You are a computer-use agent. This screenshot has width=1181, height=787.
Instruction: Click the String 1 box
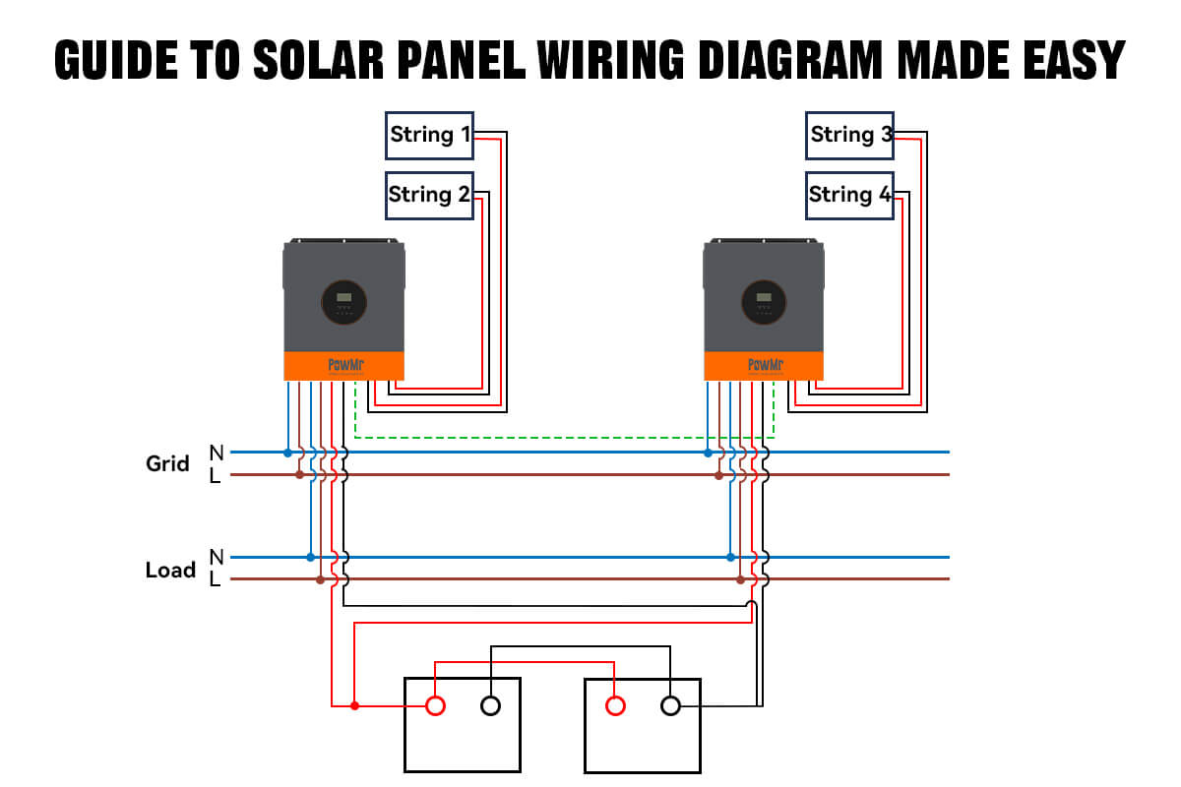[x=429, y=135]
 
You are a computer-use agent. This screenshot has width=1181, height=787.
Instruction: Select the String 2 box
[x=429, y=195]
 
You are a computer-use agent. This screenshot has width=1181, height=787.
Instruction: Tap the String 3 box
[x=849, y=135]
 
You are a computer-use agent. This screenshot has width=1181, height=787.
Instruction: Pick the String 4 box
[x=849, y=195]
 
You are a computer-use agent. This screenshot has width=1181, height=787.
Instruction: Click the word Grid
[x=167, y=463]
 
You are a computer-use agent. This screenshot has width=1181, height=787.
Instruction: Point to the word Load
[x=170, y=570]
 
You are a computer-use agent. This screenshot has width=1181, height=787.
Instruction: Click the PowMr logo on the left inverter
[x=343, y=365]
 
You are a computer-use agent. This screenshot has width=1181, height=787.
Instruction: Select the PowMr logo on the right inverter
[x=764, y=365]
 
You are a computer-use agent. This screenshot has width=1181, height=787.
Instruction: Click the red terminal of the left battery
[x=434, y=705]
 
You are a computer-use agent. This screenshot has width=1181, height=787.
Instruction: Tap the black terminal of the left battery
[x=490, y=705]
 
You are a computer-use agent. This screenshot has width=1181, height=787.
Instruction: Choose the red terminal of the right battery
[x=615, y=705]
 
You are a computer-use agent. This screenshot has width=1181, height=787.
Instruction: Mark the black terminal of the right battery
[x=670, y=705]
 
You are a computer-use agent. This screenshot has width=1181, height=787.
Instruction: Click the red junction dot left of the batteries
[x=354, y=705]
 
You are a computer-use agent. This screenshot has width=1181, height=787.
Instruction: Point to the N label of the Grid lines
[x=216, y=453]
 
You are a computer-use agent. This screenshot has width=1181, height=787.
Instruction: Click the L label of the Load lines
[x=216, y=580]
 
